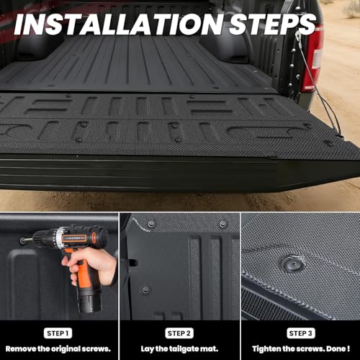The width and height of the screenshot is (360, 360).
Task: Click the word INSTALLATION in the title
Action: point(119,24)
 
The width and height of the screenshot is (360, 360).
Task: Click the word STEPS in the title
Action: point(272,24)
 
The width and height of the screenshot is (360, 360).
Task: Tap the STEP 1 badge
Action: point(58,333)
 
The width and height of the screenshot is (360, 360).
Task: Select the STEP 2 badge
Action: point(179,333)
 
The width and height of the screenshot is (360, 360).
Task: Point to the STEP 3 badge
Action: point(301,333)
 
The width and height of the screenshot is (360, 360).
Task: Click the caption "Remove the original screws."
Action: point(58,348)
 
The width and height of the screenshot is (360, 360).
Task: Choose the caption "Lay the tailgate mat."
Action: point(179,349)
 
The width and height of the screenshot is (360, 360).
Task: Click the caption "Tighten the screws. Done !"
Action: point(301,348)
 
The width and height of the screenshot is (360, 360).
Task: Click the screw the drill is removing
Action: point(23,240)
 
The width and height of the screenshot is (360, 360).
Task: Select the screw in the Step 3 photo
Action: point(293,264)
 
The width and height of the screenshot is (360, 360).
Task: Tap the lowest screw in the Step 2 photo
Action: point(145,290)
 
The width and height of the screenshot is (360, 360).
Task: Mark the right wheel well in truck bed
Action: point(225,48)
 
